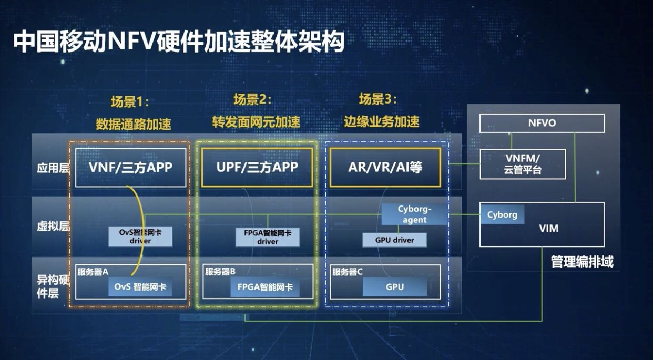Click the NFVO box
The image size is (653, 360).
click(x=542, y=123)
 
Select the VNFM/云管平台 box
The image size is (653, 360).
click(x=523, y=164)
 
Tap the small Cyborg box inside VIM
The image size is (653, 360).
click(x=502, y=214)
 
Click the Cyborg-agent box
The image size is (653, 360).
click(x=414, y=214)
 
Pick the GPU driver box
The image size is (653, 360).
click(x=394, y=240)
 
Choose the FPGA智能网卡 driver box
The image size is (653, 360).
click(x=267, y=237)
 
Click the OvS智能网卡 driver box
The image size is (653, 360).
click(x=140, y=236)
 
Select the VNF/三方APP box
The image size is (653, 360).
click(x=130, y=168)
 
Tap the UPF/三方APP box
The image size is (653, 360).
click(x=257, y=167)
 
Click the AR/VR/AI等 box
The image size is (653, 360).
click(x=385, y=167)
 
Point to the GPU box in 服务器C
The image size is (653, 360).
click(x=395, y=287)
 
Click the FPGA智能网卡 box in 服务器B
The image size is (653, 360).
click(x=265, y=287)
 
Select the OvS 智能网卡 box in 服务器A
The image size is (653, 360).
click(x=140, y=287)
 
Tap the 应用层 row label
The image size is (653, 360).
click(x=53, y=168)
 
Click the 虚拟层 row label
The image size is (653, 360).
click(x=53, y=226)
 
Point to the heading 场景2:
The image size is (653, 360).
click(x=252, y=99)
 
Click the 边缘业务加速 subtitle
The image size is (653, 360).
click(x=381, y=121)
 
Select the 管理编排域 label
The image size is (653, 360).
click(x=582, y=261)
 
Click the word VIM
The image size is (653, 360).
click(x=549, y=228)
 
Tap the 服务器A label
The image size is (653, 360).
click(x=93, y=272)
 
